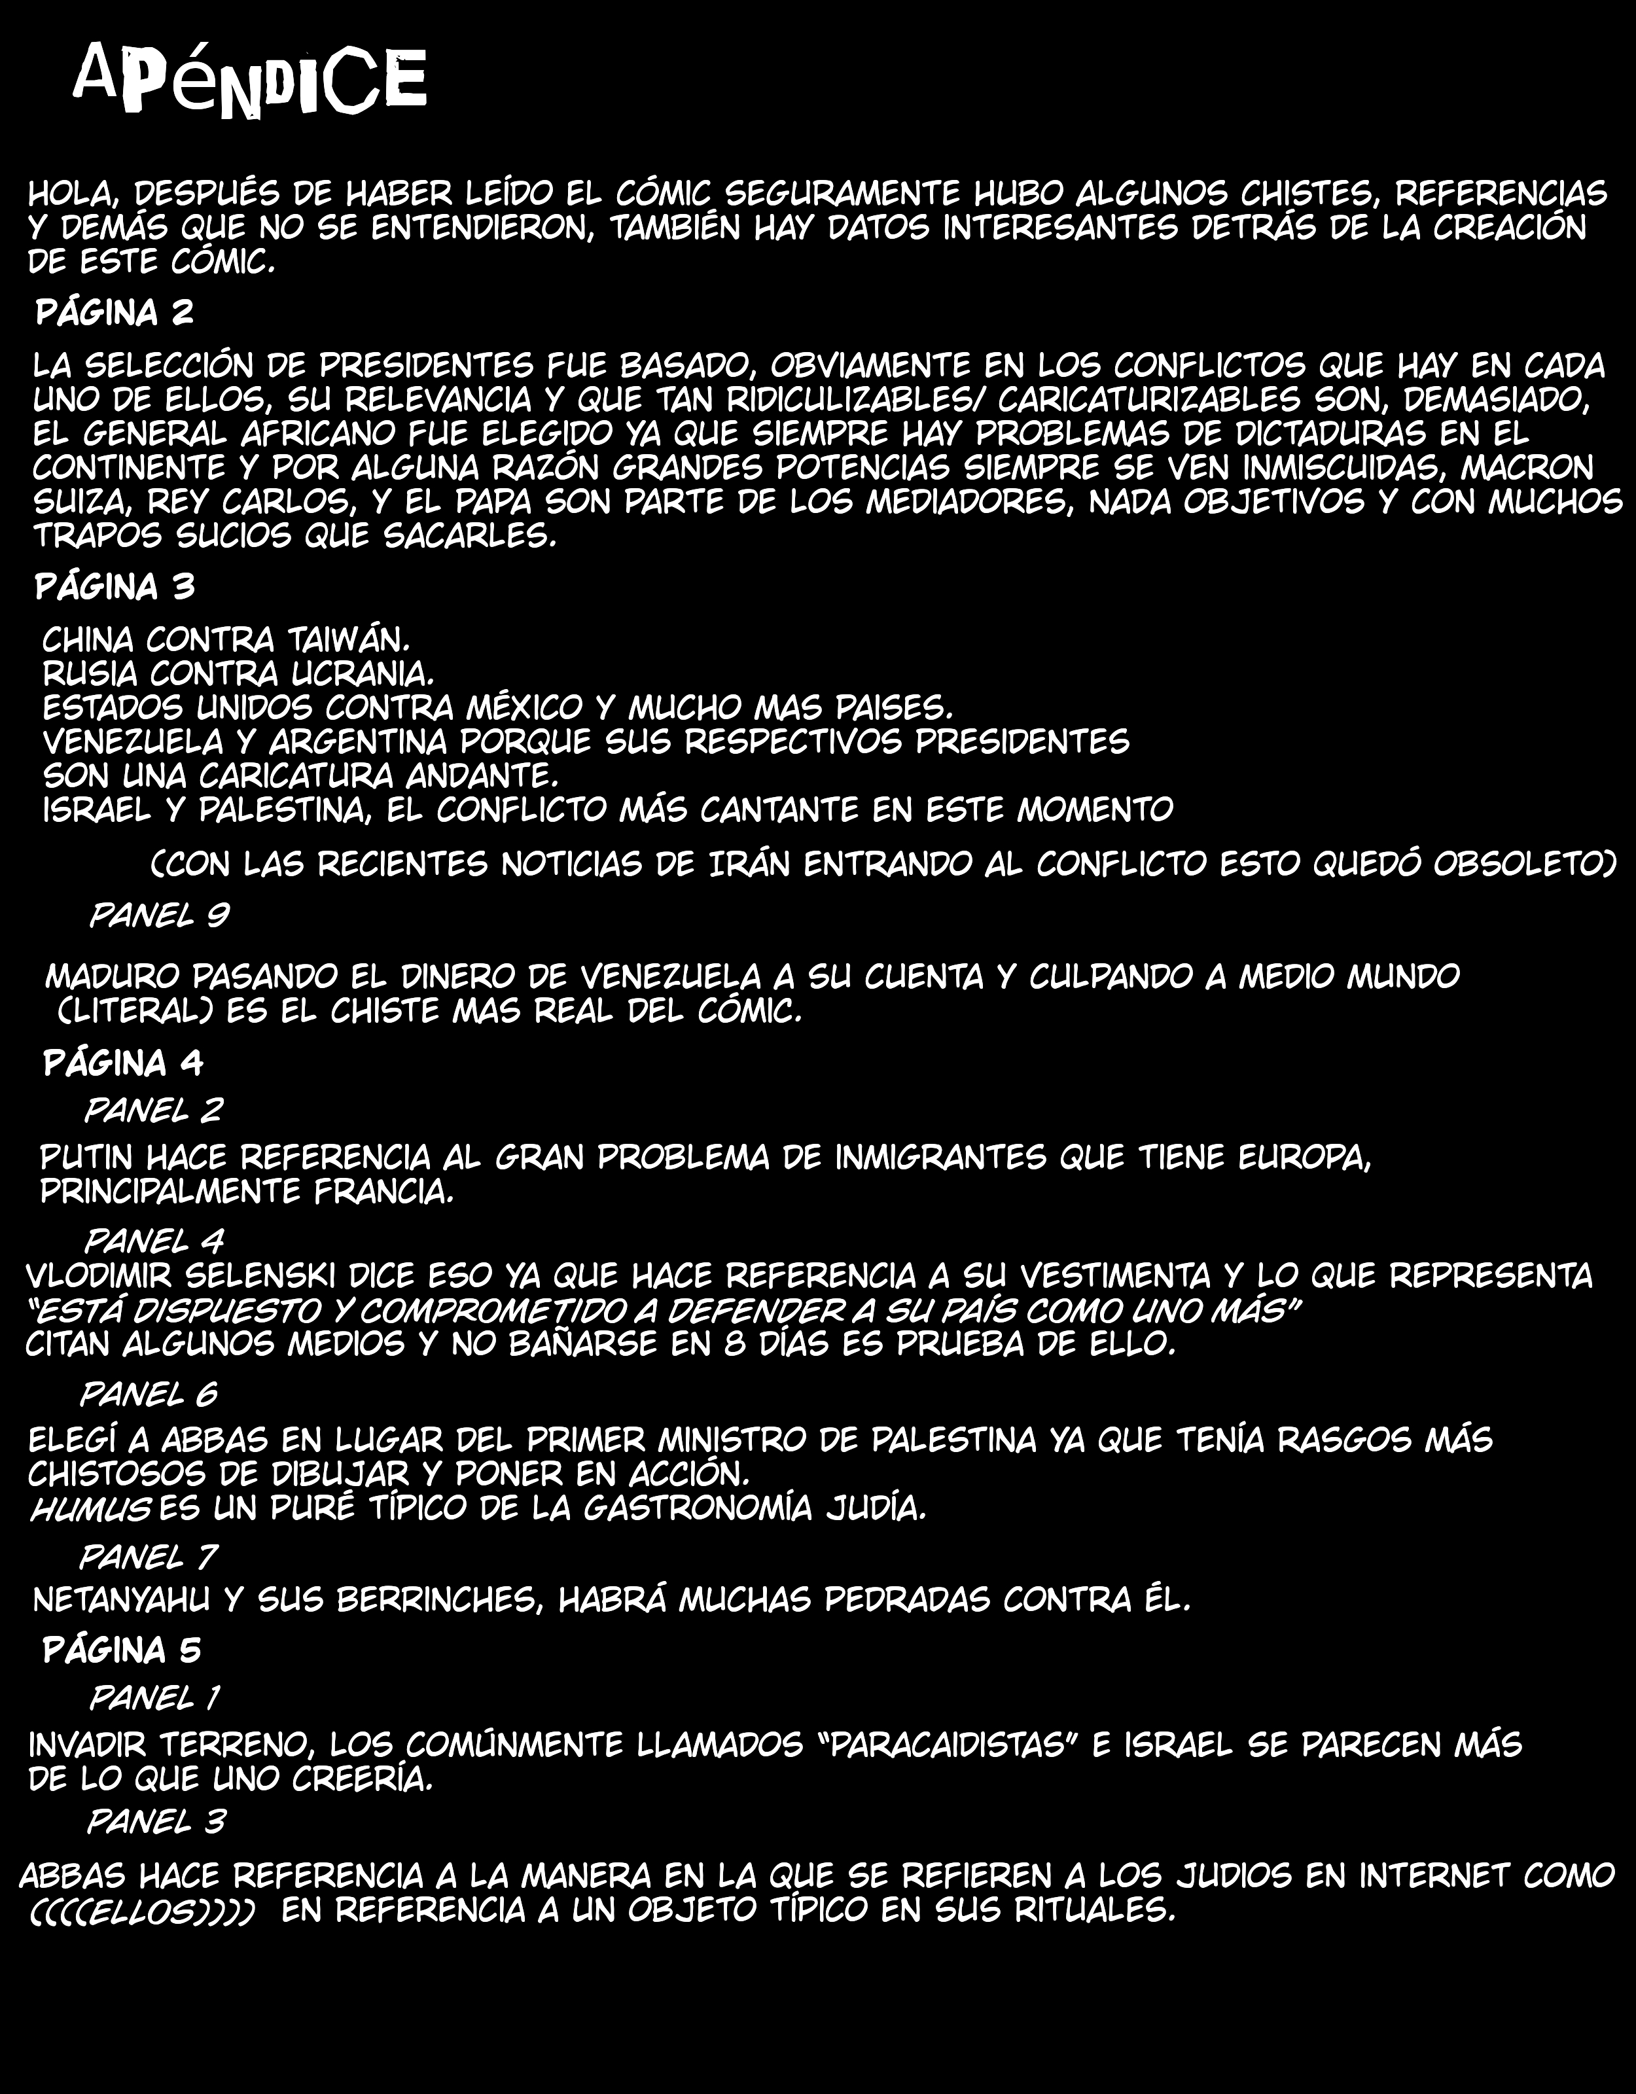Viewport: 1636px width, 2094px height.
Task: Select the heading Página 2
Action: coord(115,313)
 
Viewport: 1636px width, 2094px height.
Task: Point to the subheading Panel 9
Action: coord(159,915)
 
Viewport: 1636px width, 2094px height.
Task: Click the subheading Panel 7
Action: coord(148,1557)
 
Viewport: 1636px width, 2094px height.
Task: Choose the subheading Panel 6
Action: coord(149,1394)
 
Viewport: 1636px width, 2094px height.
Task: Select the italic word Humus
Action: coord(89,1509)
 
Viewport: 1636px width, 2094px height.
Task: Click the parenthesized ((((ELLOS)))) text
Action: coord(142,1910)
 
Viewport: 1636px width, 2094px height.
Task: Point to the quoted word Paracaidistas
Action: coord(950,1744)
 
